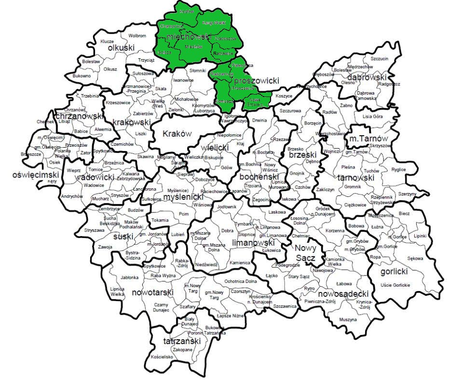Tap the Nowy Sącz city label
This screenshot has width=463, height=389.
(x=304, y=253)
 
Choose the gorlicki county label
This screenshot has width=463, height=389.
(x=394, y=272)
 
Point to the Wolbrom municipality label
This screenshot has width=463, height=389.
(x=137, y=35)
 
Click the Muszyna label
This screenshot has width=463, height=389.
(x=347, y=320)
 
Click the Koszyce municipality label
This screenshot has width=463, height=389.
(x=284, y=96)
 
